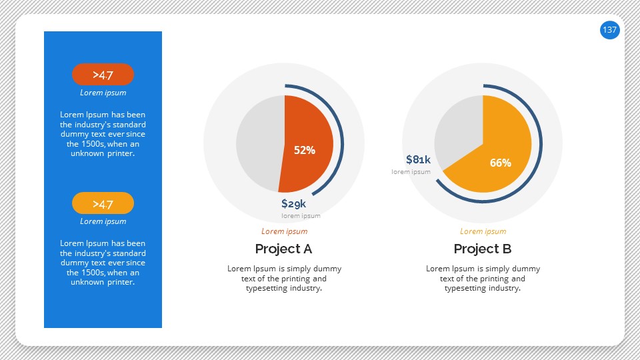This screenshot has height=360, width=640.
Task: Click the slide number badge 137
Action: (x=609, y=30)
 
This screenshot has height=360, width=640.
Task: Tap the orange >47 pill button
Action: (x=103, y=75)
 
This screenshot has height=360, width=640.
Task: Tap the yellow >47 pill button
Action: (x=103, y=203)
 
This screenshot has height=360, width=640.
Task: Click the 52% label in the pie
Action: (x=305, y=151)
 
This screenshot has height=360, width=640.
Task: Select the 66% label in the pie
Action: (x=500, y=163)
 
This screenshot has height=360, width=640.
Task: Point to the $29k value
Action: (x=293, y=203)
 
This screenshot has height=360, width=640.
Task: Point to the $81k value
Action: (x=418, y=159)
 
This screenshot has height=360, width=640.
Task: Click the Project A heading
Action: (x=283, y=249)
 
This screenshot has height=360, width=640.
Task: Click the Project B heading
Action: (x=482, y=249)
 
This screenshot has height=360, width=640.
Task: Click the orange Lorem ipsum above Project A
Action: (x=284, y=231)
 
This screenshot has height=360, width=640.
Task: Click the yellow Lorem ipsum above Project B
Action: (x=483, y=231)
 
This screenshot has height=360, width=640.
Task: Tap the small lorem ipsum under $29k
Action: (x=301, y=216)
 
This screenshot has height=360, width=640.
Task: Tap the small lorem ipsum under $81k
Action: (x=411, y=172)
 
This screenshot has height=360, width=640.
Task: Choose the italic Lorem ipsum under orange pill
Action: (x=103, y=93)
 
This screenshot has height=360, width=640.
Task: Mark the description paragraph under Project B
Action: (x=483, y=279)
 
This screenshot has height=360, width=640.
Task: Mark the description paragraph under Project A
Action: (x=284, y=279)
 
